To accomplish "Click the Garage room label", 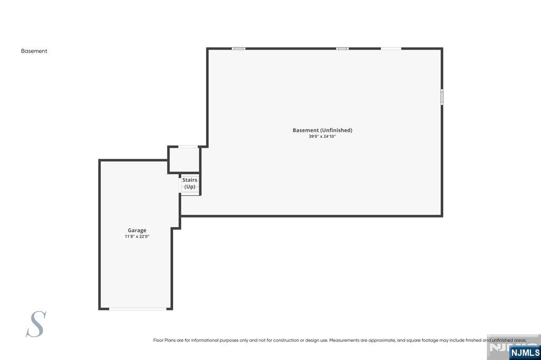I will click(x=137, y=230).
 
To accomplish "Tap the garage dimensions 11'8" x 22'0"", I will click(x=137, y=236).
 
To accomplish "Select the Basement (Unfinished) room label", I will click(x=322, y=130).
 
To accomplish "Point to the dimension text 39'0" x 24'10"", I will click(x=322, y=136).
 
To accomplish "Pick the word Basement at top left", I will click(x=34, y=51).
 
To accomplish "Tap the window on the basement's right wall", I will click(x=442, y=97).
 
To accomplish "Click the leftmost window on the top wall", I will click(x=239, y=49).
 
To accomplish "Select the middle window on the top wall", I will click(x=342, y=49).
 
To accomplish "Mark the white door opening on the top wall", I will click(x=391, y=49).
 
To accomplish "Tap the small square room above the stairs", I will click(x=184, y=160).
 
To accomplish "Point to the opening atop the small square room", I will click(x=188, y=147).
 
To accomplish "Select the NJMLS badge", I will click(x=525, y=352).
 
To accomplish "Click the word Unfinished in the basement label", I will click(x=336, y=130).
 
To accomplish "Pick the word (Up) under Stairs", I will click(x=190, y=187).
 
